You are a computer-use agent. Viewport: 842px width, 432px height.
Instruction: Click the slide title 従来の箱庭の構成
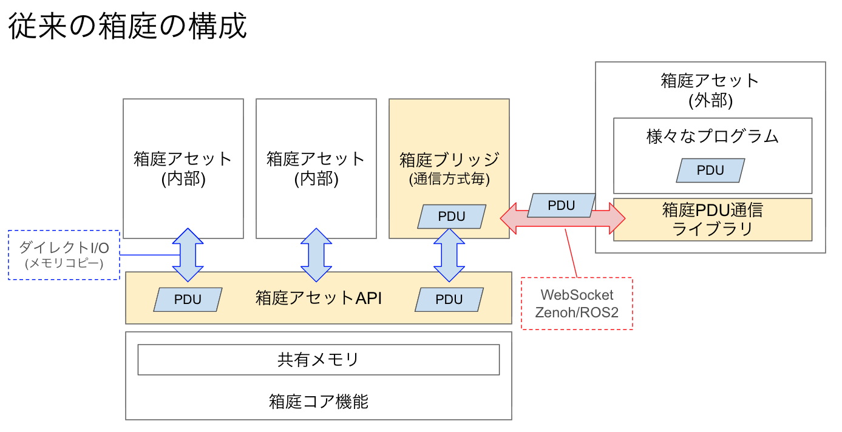(127, 27)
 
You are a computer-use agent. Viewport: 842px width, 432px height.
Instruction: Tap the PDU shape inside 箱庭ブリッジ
(452, 217)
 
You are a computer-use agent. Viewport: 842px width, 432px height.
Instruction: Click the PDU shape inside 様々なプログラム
(710, 170)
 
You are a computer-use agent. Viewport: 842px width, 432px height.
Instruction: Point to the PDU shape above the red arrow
(562, 206)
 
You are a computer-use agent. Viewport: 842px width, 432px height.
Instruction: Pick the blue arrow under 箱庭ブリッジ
(449, 255)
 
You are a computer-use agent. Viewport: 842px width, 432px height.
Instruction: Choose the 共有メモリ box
(318, 360)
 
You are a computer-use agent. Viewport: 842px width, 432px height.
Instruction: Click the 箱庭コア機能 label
(318, 402)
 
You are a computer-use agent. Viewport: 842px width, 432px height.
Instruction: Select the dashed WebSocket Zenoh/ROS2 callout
(577, 303)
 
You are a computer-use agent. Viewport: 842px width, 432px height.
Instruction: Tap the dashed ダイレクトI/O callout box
(64, 255)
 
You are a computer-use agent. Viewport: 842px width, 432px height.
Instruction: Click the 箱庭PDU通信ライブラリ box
(712, 220)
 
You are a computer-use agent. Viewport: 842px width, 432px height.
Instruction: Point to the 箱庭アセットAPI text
(318, 299)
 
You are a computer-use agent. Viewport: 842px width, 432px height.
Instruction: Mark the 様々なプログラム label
(712, 137)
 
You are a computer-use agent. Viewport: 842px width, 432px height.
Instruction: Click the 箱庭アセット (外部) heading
(710, 90)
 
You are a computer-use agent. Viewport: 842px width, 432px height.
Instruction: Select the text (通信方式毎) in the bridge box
(449, 180)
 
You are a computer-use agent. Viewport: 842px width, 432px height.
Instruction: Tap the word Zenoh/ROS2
(577, 312)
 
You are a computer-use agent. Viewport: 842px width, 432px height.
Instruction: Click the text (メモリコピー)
(64, 264)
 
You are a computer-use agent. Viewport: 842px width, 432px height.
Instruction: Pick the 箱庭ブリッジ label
(449, 160)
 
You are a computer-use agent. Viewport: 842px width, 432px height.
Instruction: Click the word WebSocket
(577, 295)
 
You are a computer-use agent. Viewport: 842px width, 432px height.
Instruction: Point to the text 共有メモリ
(318, 360)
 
